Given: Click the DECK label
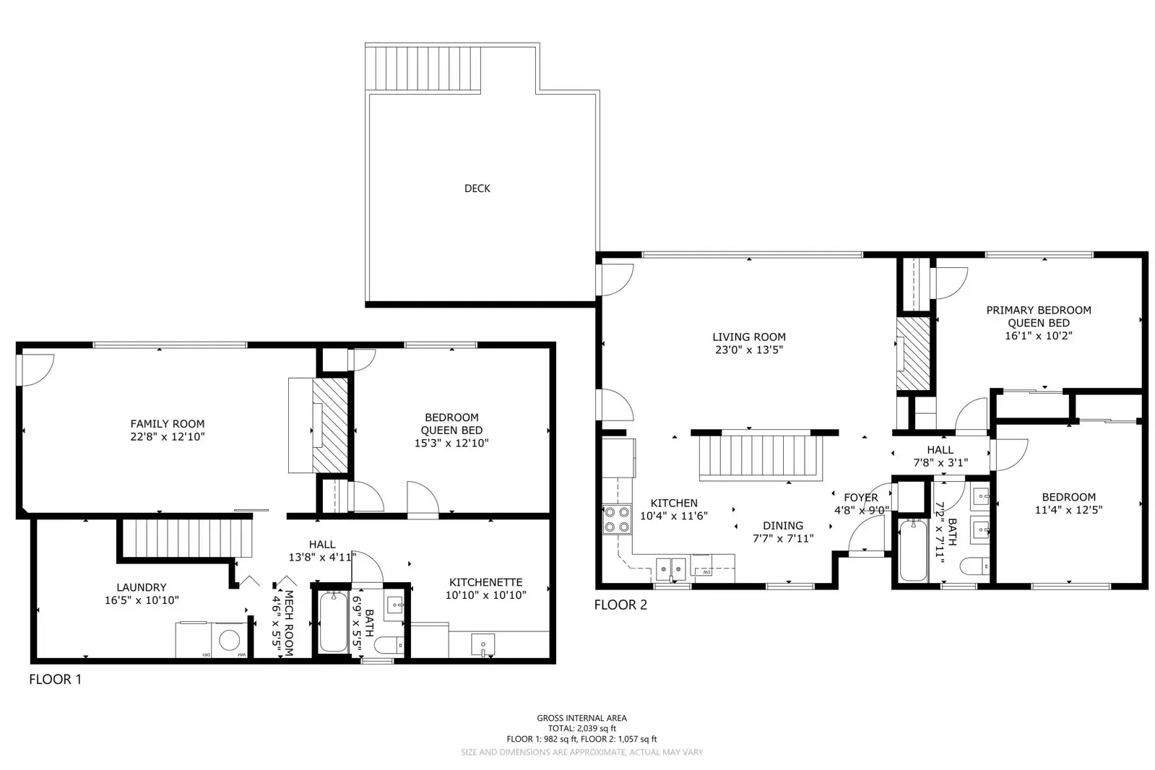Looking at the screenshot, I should click(477, 189).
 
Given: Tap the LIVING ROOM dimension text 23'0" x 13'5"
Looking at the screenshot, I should click(748, 350).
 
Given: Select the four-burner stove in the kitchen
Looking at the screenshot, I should click(616, 519).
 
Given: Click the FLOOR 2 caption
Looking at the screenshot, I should click(620, 605).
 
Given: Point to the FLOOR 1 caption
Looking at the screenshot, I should click(55, 679).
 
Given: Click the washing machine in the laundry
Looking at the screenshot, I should click(230, 641).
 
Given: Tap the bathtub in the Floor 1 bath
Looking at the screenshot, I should click(333, 621).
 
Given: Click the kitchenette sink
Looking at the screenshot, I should click(482, 644).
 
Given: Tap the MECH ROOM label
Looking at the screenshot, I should click(288, 623).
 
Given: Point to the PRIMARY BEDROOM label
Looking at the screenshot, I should click(1038, 310).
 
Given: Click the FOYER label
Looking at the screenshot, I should click(860, 497).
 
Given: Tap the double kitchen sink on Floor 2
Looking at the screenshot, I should click(672, 569).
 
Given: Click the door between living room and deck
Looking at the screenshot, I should click(615, 280).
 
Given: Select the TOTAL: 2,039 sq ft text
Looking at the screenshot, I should click(581, 728).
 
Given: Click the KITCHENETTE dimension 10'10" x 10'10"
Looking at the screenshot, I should click(485, 595).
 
